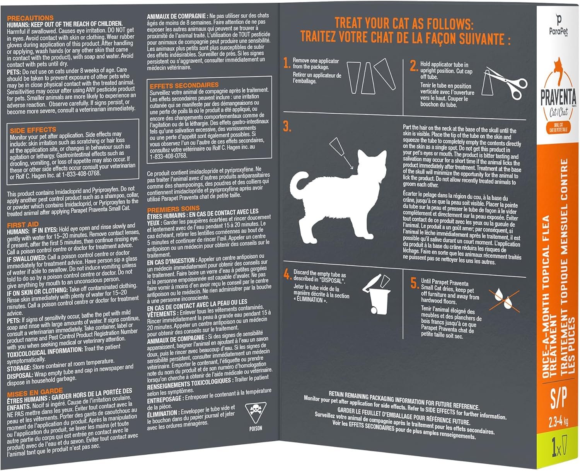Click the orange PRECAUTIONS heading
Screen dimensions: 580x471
click(30, 18)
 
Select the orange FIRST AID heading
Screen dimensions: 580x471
click(23, 225)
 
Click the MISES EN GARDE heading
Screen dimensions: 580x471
click(35, 392)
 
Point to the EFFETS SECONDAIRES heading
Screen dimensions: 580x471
click(184, 85)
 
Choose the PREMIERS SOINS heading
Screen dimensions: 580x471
click(174, 209)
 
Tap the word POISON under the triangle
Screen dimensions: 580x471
click(256, 428)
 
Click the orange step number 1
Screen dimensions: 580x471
click(287, 63)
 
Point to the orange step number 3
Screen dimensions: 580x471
click(287, 126)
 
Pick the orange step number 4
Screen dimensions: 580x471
click(287, 274)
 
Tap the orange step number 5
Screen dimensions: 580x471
click(414, 283)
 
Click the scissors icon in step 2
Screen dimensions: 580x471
click(505, 83)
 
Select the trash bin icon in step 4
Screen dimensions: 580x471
click(377, 294)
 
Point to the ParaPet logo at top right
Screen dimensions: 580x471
click(558, 24)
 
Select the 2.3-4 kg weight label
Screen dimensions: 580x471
click(558, 422)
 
